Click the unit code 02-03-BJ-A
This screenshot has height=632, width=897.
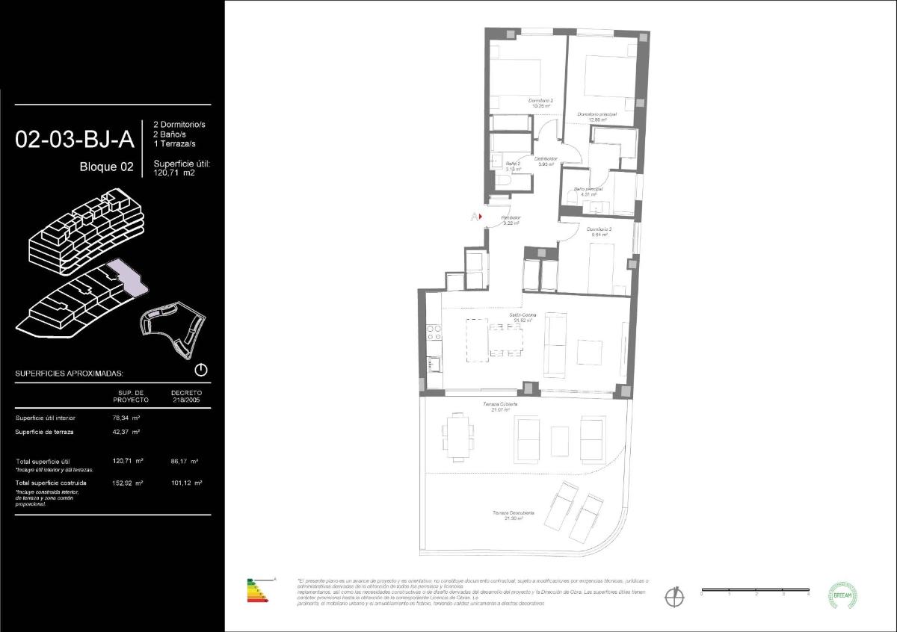[x=75, y=140]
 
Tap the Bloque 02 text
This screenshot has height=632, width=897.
[x=107, y=167]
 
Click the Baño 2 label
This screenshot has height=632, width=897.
[x=513, y=166]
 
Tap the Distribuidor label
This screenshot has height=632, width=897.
[x=546, y=161]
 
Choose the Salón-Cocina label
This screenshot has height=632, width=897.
[x=523, y=317]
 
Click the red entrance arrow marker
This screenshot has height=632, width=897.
[x=479, y=217]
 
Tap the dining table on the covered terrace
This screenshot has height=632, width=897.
[x=457, y=436]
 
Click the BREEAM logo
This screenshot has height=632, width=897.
[x=842, y=595]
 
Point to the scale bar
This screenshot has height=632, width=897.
[x=755, y=591]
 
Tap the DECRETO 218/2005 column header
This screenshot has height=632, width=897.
[x=186, y=396]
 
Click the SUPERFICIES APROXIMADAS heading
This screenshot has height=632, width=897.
[x=70, y=373]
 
